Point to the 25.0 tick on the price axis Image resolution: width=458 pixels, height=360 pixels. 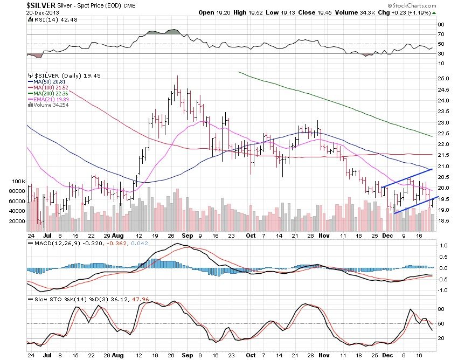pyautogui.click(x=443, y=78)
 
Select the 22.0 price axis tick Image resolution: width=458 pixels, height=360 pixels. pyautogui.click(x=443, y=144)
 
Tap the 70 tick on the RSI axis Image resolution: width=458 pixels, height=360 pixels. pyautogui.click(x=440, y=34)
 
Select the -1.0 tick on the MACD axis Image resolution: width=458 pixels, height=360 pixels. pyautogui.click(x=442, y=290)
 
